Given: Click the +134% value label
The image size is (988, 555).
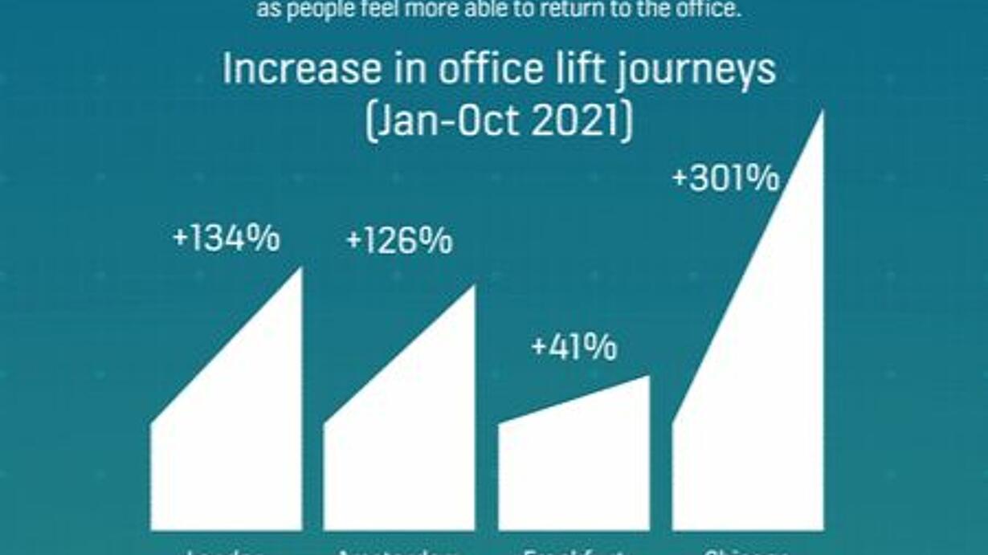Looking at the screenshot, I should point(227,239).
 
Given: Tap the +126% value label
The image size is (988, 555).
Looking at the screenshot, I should point(399,241).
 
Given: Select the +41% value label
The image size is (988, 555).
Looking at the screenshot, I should point(574,348).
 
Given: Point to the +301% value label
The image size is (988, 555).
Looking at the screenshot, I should point(725,178).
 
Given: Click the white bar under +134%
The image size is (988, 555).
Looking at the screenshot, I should point(227,450).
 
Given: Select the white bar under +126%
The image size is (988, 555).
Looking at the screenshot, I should point(399,458).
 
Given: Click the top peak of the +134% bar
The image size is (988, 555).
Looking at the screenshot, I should point(300,271).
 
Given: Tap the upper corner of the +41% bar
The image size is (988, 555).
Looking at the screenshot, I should point(647,377).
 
